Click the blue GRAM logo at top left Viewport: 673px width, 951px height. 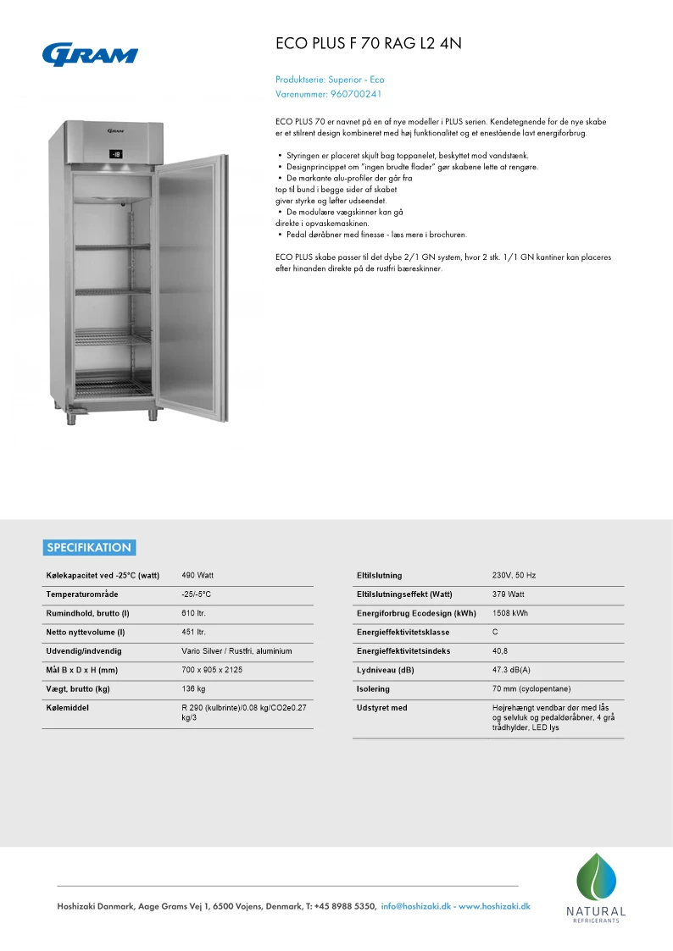tap(90, 54)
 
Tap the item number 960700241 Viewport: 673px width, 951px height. tap(355, 94)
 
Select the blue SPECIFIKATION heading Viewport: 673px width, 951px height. tap(89, 547)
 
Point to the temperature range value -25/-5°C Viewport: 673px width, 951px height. tap(197, 594)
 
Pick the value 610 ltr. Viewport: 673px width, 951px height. tap(194, 613)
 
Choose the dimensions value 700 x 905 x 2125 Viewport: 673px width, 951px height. tap(213, 670)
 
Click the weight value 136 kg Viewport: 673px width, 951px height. tap(194, 688)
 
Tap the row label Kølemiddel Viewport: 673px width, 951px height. tap(68, 708)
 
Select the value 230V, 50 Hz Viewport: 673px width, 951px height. tap(514, 575)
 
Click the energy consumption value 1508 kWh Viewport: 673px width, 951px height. tap(510, 613)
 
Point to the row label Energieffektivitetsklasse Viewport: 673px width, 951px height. tap(403, 632)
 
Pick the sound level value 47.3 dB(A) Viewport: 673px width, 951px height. tap(511, 670)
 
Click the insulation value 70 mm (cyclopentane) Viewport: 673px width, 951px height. tap(531, 688)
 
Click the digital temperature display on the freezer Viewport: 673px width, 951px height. tap(115, 155)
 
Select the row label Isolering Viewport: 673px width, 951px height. tap(374, 688)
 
